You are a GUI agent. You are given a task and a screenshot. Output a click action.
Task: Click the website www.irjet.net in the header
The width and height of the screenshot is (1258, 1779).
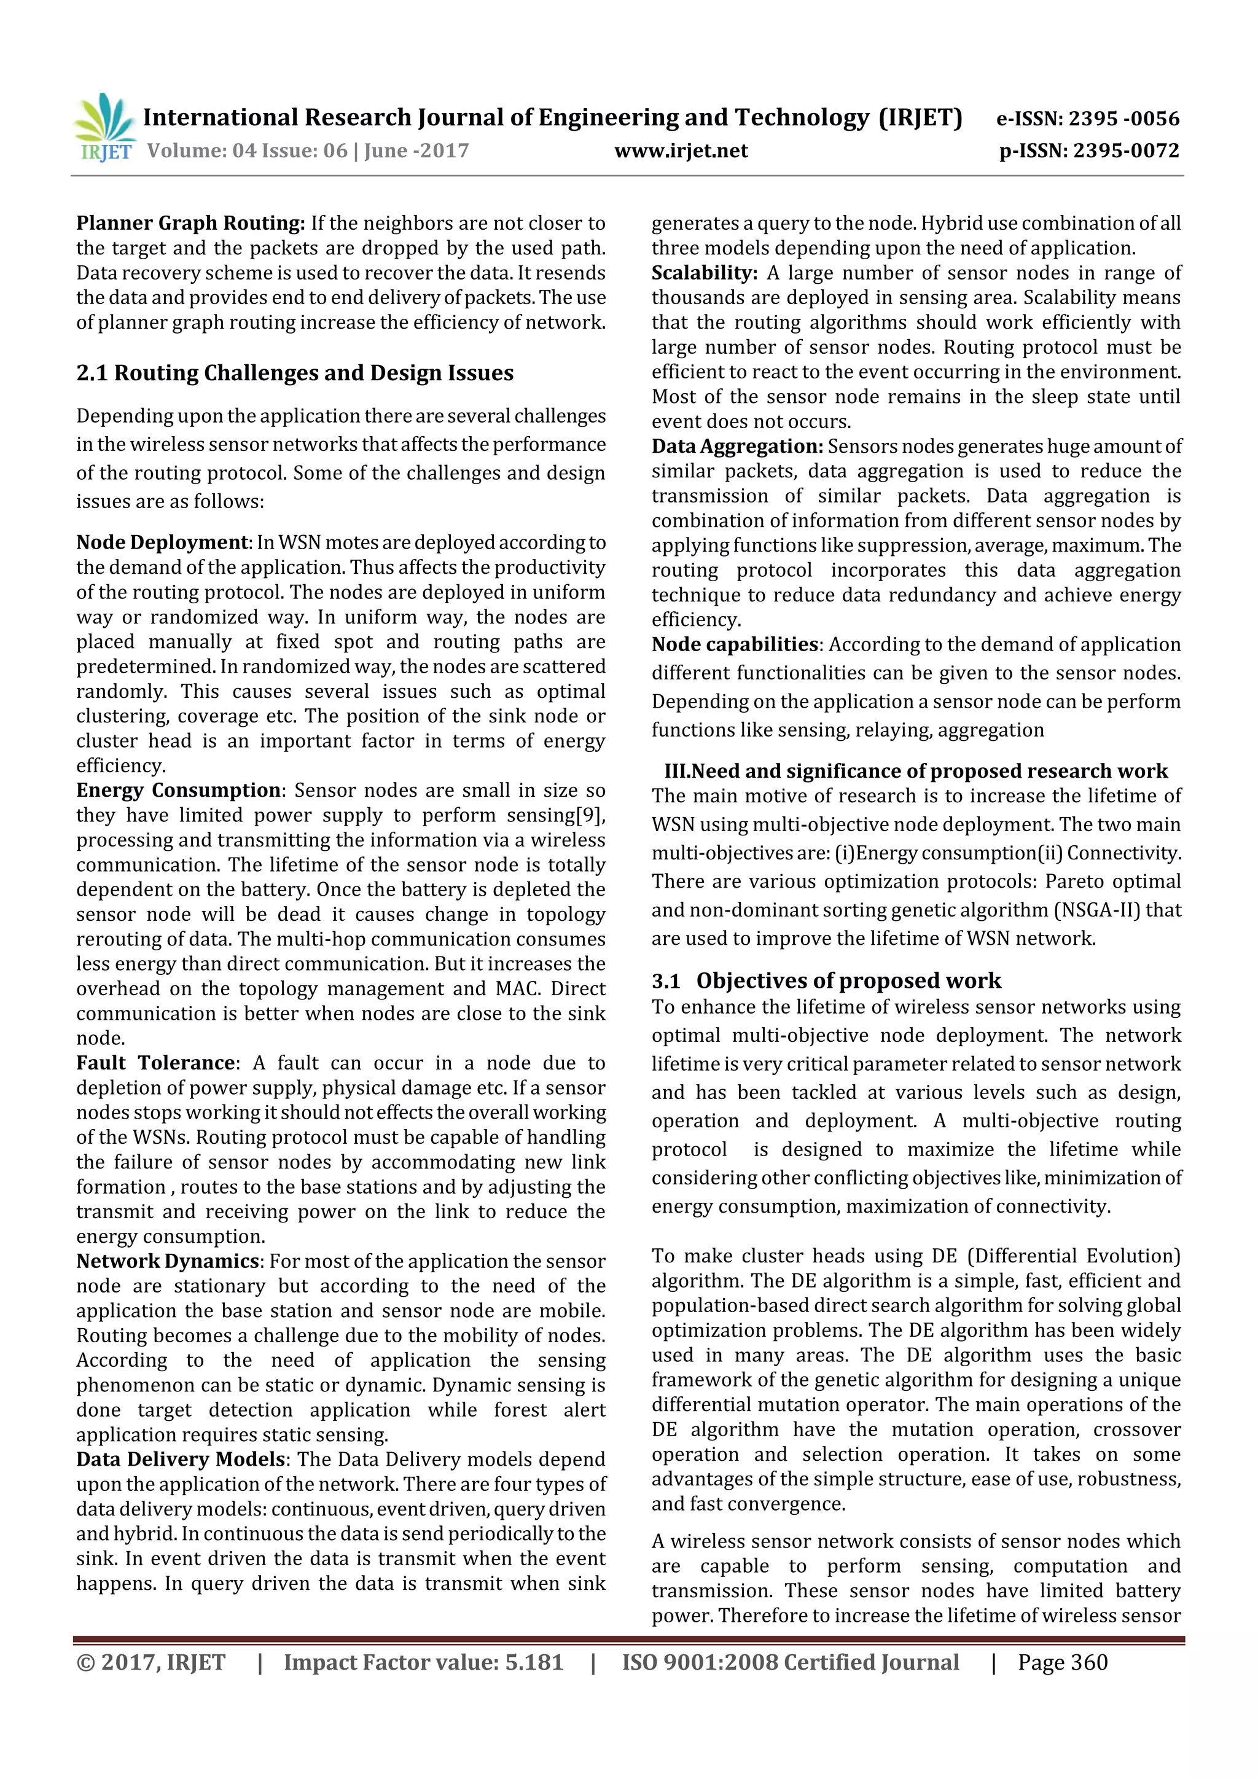pyautogui.click(x=681, y=151)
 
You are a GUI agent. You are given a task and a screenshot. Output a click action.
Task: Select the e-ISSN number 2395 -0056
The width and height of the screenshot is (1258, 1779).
pyautogui.click(x=1124, y=119)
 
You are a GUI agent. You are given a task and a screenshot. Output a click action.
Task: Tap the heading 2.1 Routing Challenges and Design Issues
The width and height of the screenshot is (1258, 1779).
pyautogui.click(x=294, y=373)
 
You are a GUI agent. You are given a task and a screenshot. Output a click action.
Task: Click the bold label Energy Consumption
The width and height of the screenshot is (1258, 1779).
pyautogui.click(x=178, y=791)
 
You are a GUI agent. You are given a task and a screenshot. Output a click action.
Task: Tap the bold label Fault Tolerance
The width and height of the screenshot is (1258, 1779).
pyautogui.click(x=155, y=1063)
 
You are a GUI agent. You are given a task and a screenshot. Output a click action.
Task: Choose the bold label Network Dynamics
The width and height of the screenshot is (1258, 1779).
pyautogui.click(x=167, y=1261)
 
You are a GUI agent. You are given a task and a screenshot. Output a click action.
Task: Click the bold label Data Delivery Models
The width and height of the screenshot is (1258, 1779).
pyautogui.click(x=181, y=1460)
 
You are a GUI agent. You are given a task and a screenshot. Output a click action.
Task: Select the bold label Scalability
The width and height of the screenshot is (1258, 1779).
pyautogui.click(x=703, y=273)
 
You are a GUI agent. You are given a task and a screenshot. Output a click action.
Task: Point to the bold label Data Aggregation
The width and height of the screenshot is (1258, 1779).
pyautogui.click(x=736, y=447)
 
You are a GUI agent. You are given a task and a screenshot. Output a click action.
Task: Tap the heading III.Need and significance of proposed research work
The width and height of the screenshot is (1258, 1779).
pyautogui.click(x=916, y=772)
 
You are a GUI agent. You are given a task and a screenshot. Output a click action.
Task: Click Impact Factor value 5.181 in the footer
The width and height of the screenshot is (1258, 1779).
pyautogui.click(x=423, y=1662)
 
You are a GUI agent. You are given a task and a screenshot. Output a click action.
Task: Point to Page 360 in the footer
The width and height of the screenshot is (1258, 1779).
pyautogui.click(x=1062, y=1662)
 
